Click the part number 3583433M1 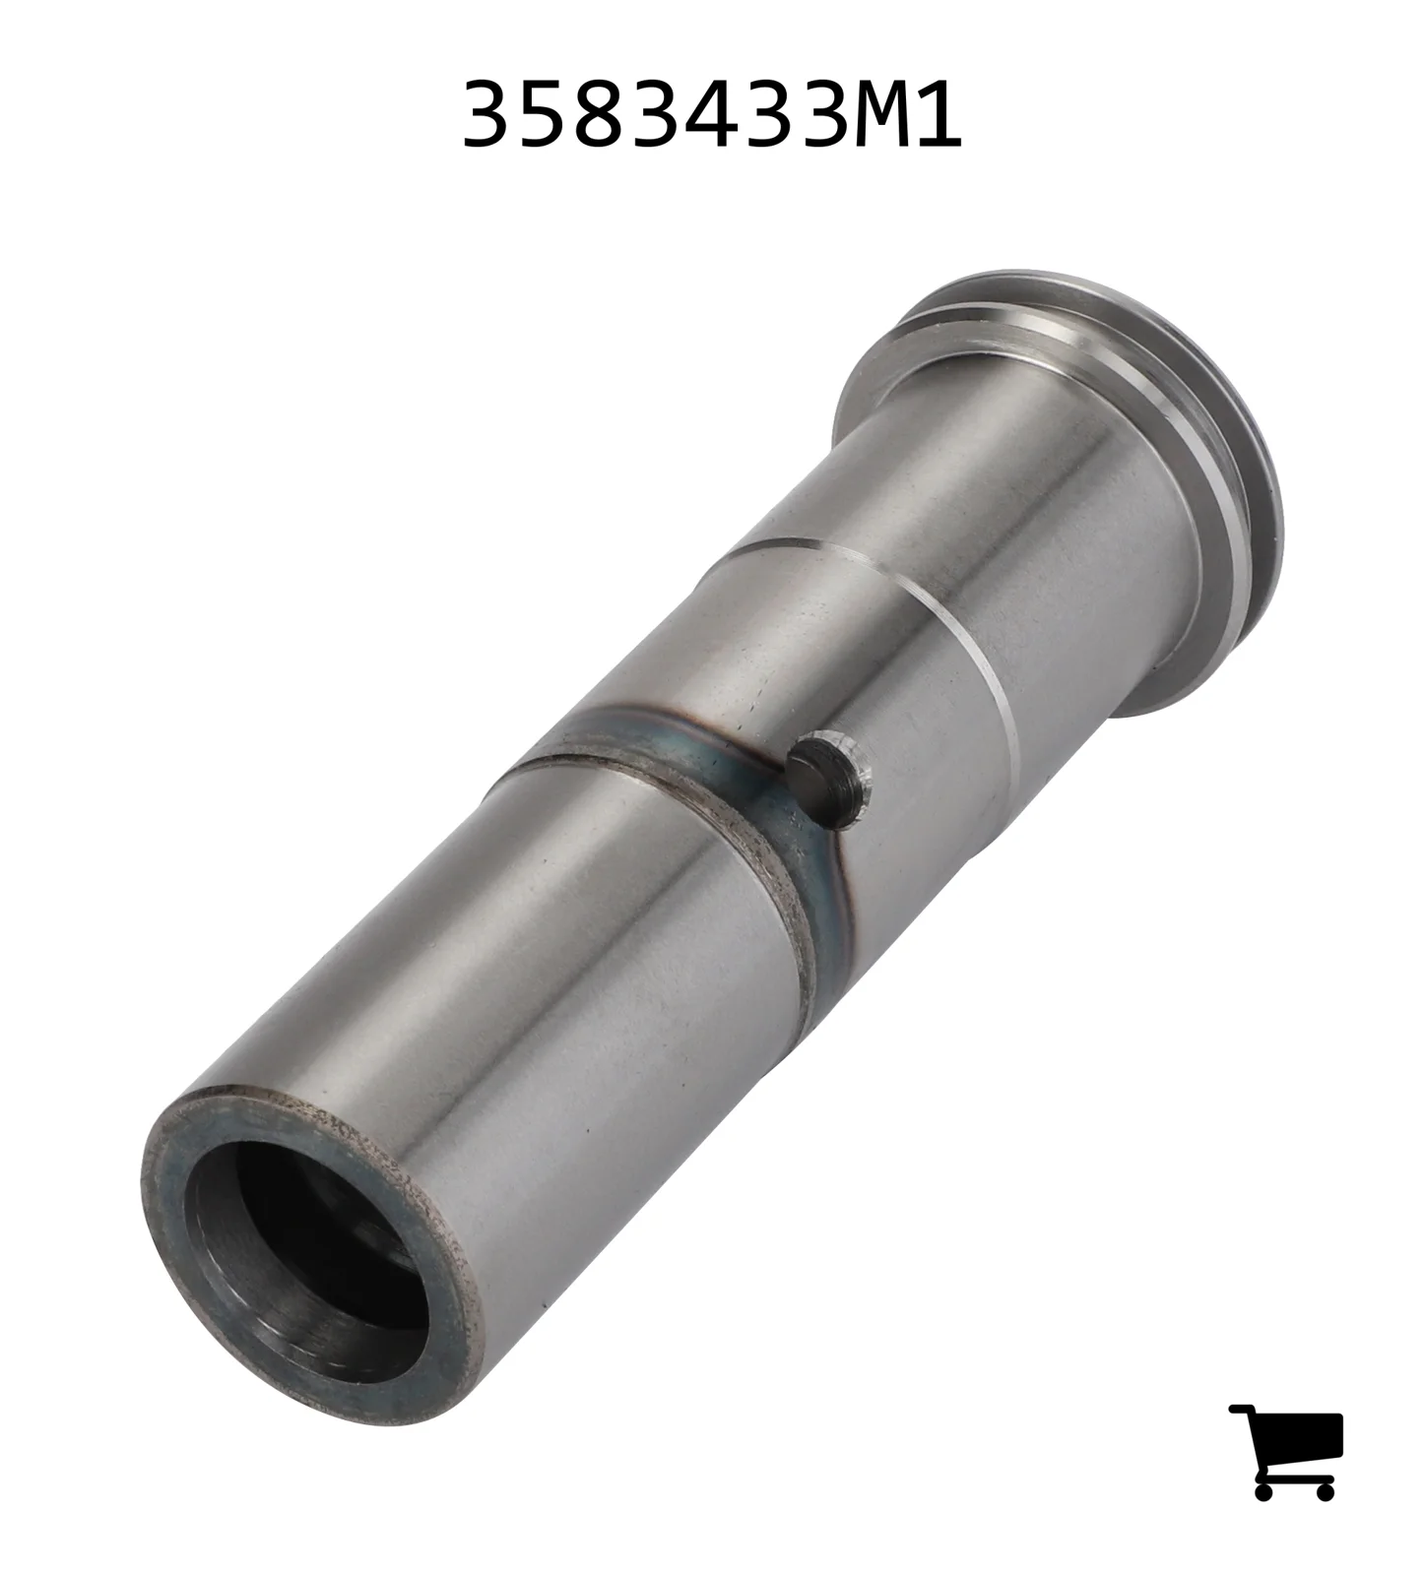tap(711, 115)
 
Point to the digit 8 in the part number tap(599, 115)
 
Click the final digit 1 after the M tap(937, 115)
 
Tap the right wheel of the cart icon tap(1324, 1489)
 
